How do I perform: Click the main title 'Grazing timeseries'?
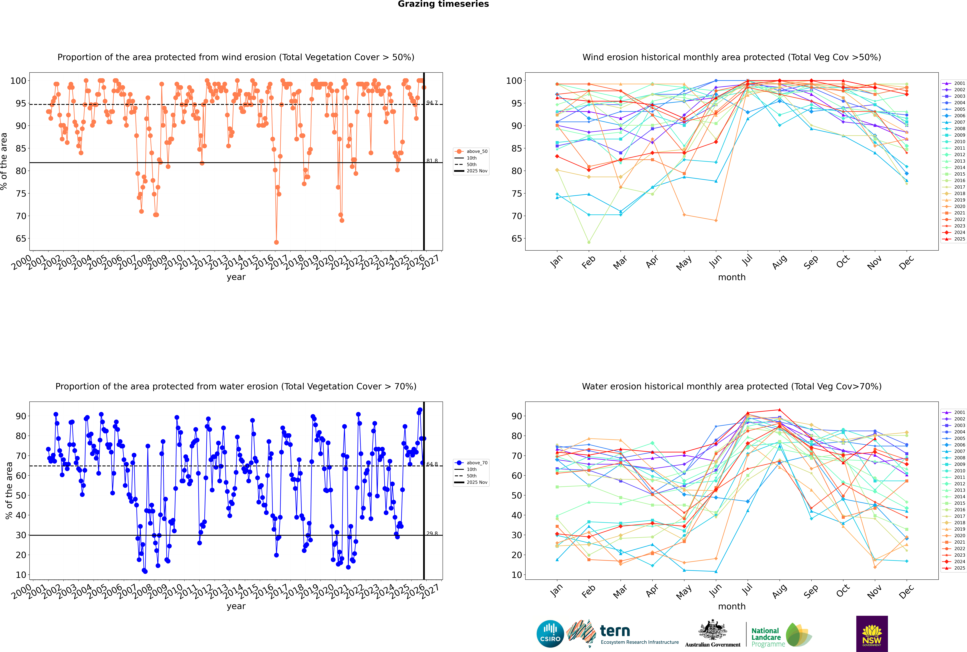[443, 4]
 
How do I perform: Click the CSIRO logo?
[550, 634]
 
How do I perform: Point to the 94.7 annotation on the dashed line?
[432, 103]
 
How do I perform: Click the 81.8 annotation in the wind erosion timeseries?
[432, 161]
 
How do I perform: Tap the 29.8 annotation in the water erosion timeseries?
[432, 534]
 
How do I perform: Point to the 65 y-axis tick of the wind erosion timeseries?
[21, 239]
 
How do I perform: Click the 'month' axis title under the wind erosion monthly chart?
[732, 277]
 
